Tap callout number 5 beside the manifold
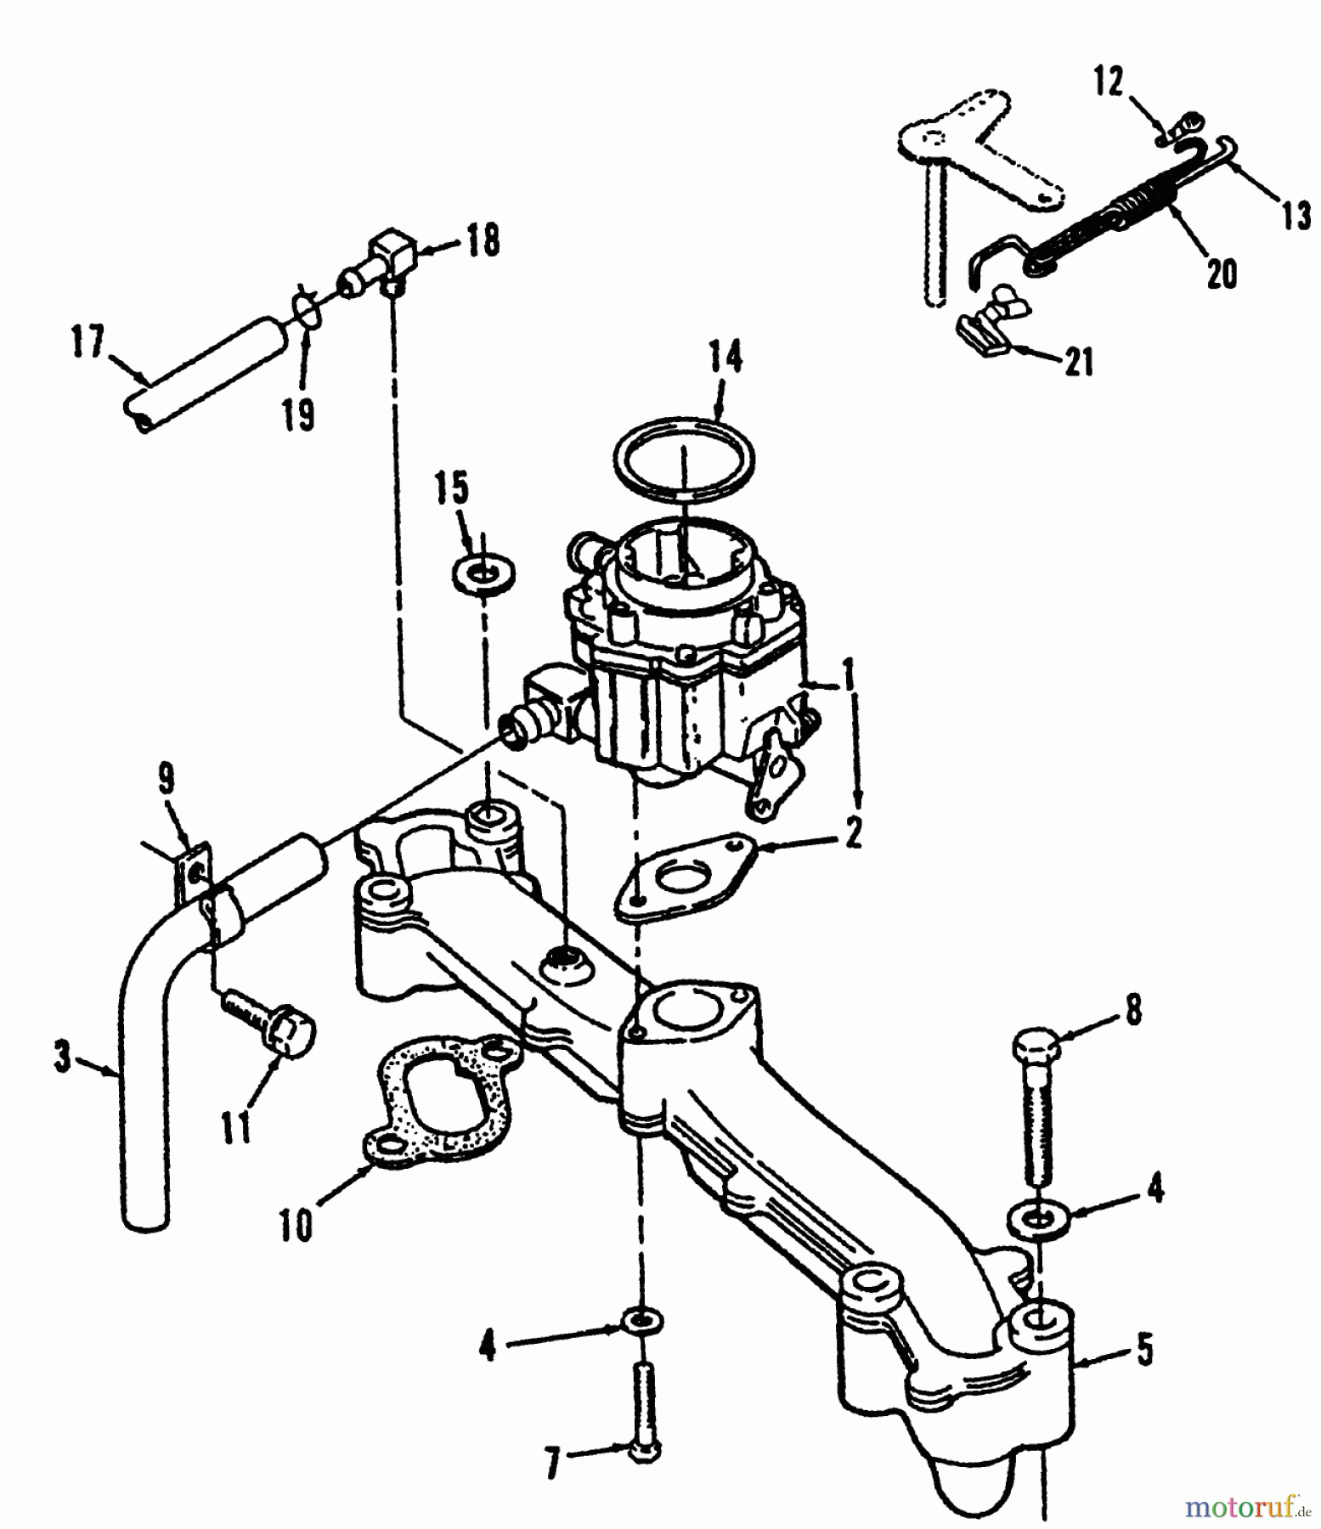[x=1144, y=1348]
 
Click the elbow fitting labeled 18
[x=387, y=261]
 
